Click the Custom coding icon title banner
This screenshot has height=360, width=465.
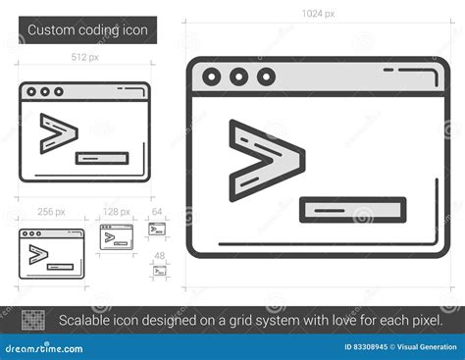(87, 30)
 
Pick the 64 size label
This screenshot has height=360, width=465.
(157, 211)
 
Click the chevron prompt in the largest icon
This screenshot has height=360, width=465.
(264, 161)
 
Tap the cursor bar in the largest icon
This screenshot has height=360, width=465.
(352, 209)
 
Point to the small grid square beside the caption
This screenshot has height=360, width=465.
(34, 319)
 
